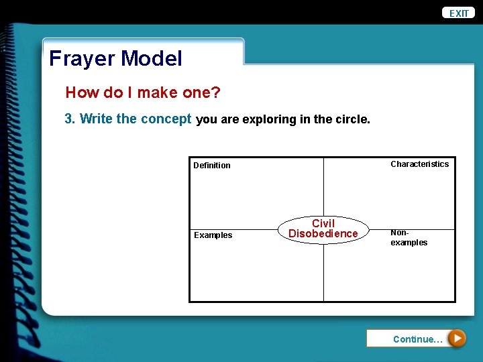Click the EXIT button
[459, 13]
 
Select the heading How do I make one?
[142, 93]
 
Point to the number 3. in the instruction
[70, 119]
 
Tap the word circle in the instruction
[351, 119]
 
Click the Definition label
[211, 166]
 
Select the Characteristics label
[419, 164]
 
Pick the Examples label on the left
[213, 235]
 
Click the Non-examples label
[409, 237]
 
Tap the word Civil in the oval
[323, 223]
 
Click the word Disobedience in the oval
[323, 234]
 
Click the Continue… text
[417, 339]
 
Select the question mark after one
[215, 93]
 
